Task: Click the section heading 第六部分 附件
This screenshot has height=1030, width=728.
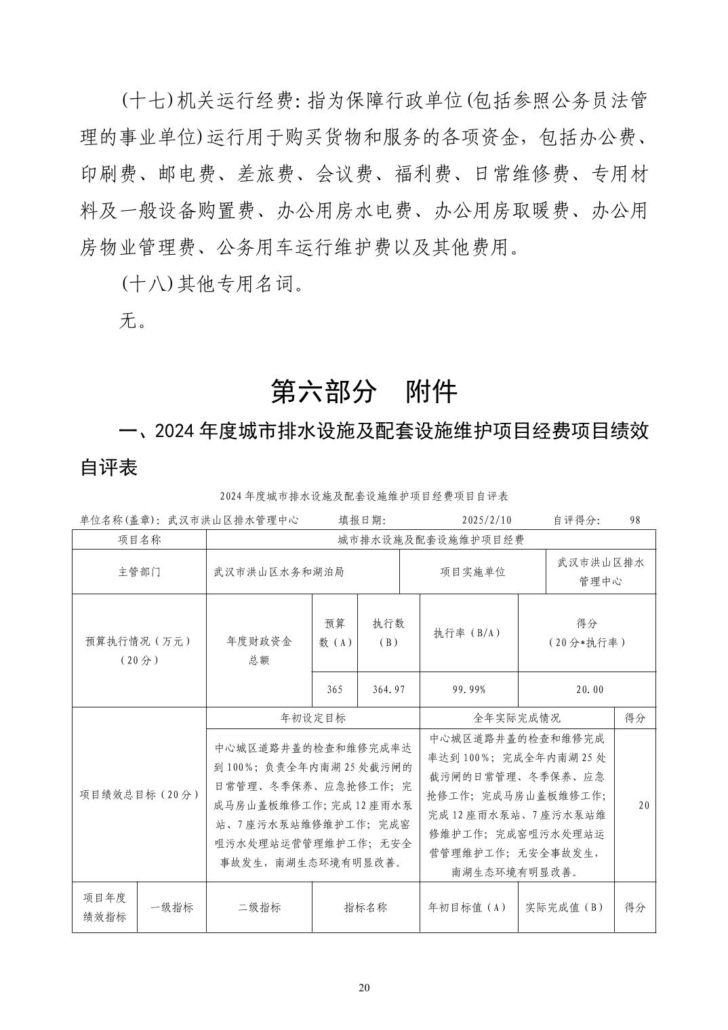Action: pyautogui.click(x=364, y=391)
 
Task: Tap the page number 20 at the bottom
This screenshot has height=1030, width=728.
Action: pyautogui.click(x=364, y=987)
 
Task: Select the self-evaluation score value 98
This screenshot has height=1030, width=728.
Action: pyautogui.click(x=634, y=520)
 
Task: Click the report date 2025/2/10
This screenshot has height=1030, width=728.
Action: pyautogui.click(x=486, y=520)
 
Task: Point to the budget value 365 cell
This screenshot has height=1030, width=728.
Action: pyautogui.click(x=334, y=689)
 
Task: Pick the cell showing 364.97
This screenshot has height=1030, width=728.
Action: pyautogui.click(x=388, y=689)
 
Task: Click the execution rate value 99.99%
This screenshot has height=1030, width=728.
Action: pyautogui.click(x=468, y=689)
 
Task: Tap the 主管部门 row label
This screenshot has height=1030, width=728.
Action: pyautogui.click(x=139, y=571)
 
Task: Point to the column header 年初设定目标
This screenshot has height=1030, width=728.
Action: pyautogui.click(x=312, y=718)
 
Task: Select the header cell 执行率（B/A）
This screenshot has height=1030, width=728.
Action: pyautogui.click(x=468, y=632)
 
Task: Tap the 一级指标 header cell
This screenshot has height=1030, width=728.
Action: pyautogui.click(x=171, y=907)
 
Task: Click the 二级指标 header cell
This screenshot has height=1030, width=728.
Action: pyautogui.click(x=259, y=907)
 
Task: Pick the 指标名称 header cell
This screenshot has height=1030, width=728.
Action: pyautogui.click(x=365, y=907)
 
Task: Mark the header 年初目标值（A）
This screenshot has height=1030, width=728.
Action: pyautogui.click(x=468, y=907)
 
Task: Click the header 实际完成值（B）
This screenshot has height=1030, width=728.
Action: pyautogui.click(x=565, y=907)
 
